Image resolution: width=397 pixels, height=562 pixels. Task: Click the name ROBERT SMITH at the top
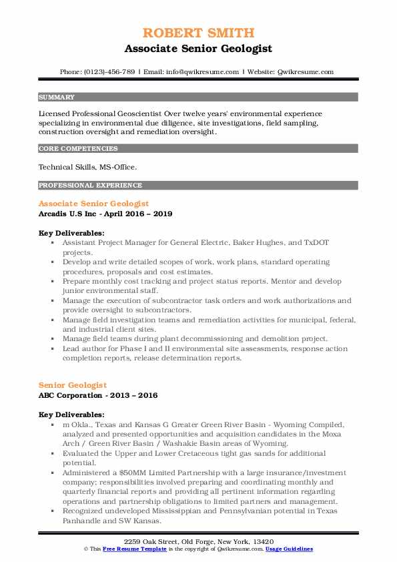198,33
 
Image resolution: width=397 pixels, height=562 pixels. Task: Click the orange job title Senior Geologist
72,385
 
